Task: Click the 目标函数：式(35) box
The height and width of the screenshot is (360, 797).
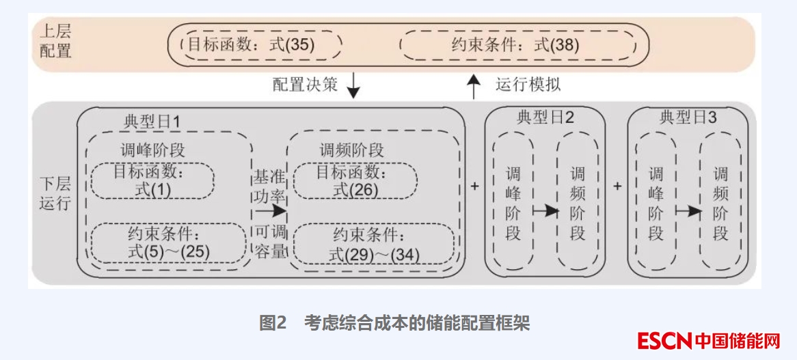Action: [x=255, y=46]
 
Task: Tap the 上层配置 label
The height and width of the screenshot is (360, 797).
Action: [x=55, y=41]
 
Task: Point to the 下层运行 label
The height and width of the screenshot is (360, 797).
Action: [x=55, y=193]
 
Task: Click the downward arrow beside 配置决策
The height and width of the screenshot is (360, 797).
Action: [x=353, y=85]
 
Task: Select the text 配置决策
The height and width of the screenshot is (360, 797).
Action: [x=305, y=85]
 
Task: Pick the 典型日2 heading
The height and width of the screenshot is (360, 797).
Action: [x=545, y=117]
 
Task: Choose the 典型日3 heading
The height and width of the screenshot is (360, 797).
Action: [x=688, y=117]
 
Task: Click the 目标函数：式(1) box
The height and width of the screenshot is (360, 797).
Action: [x=153, y=181]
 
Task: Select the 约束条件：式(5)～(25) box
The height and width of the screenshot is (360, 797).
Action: [x=167, y=243]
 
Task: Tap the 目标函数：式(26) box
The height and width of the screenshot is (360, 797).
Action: [x=355, y=181]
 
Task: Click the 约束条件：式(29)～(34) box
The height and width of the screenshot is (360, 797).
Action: [x=374, y=245]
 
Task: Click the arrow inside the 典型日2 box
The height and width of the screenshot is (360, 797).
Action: [x=545, y=211]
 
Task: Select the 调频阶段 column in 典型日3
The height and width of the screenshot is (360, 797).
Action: [x=720, y=204]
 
